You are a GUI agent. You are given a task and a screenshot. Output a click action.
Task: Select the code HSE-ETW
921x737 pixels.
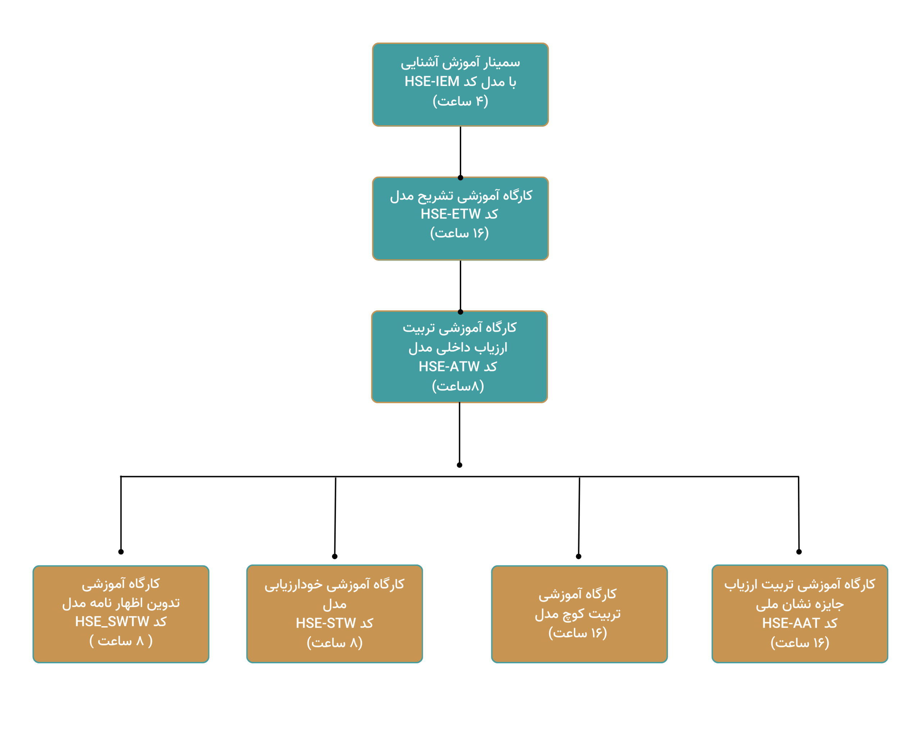point(450,214)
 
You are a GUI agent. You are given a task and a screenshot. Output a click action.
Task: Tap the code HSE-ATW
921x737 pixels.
point(449,367)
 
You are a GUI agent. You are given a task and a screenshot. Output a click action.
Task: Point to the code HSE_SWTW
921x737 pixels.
point(112,621)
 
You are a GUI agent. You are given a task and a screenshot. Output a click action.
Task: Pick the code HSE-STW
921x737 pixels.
point(326,623)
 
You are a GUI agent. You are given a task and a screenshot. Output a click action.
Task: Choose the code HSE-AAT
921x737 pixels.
point(791,623)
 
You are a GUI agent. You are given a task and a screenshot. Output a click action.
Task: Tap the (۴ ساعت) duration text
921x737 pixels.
point(460,101)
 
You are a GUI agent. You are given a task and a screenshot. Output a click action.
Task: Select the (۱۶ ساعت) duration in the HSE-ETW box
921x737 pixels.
point(459,233)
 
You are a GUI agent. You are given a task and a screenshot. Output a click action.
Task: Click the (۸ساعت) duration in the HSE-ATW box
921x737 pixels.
point(458,386)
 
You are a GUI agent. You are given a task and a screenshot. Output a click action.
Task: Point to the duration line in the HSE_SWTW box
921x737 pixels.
point(121,641)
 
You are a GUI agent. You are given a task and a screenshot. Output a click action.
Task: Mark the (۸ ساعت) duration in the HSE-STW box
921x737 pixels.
point(335,643)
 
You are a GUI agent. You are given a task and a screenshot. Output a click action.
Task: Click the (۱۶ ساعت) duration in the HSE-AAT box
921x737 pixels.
point(800,643)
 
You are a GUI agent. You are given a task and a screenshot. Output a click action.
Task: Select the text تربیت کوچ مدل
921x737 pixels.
point(577,614)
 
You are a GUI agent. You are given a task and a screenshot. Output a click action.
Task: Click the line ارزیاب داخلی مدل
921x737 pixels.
point(458,348)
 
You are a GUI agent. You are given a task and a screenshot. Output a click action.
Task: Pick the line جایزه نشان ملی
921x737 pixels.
point(800,604)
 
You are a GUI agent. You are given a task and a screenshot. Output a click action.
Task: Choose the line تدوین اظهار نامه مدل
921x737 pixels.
point(121,603)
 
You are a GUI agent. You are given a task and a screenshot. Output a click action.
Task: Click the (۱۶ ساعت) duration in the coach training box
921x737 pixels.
point(577,633)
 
